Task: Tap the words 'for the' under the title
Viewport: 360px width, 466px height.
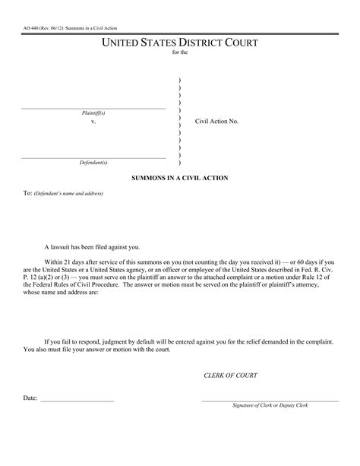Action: pyautogui.click(x=179, y=53)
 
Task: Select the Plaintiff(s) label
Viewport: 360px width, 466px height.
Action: pyautogui.click(x=93, y=113)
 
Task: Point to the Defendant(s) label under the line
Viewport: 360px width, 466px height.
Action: pyautogui.click(x=93, y=163)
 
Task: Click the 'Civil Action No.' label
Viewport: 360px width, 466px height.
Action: pyautogui.click(x=216, y=122)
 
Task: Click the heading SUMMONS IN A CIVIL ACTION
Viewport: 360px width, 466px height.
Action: pyautogui.click(x=179, y=178)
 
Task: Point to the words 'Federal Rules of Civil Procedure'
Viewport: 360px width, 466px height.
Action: pyautogui.click(x=72, y=287)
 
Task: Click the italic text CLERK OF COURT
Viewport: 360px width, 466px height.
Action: pyautogui.click(x=231, y=376)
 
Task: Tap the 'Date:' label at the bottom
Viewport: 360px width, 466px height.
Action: pyautogui.click(x=30, y=398)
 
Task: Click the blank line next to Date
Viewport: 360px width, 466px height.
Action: pyautogui.click(x=77, y=401)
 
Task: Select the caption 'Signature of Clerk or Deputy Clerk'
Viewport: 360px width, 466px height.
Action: pyautogui.click(x=271, y=406)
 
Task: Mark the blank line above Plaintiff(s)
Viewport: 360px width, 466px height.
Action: pyautogui.click(x=93, y=108)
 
